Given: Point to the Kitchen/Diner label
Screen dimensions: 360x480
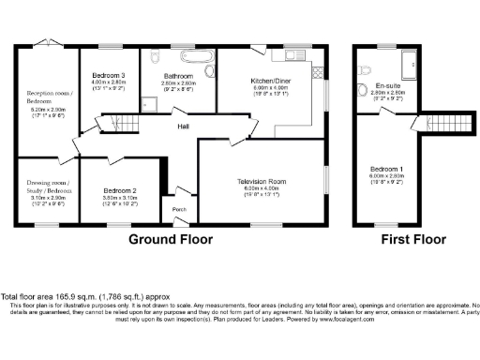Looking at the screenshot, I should tap(268, 82).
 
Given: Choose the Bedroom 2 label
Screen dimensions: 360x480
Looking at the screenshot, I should tap(120, 190).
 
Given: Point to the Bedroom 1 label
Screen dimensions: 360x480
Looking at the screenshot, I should tap(385, 169).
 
